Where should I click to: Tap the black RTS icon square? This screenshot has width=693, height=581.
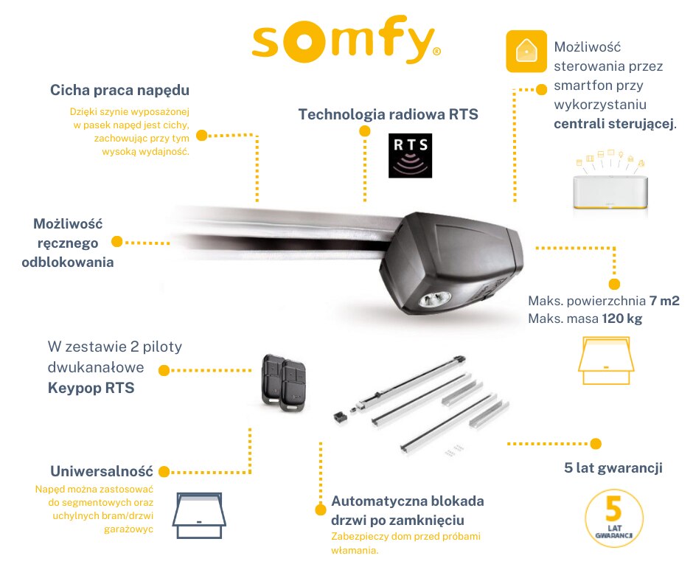(x=410, y=156)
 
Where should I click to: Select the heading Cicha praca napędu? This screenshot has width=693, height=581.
(x=120, y=90)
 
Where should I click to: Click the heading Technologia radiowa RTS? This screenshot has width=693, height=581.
(x=388, y=114)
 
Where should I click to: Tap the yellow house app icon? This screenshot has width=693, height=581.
(x=526, y=51)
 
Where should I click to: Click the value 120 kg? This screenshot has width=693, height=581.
(x=624, y=320)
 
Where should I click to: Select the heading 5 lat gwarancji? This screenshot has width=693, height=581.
(x=612, y=467)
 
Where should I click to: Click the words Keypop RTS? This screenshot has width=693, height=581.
(x=91, y=387)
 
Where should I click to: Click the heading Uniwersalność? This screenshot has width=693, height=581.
(x=101, y=471)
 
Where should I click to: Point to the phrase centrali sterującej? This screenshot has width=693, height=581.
(x=613, y=123)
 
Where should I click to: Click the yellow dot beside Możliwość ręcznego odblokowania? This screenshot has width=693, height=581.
(x=116, y=242)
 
